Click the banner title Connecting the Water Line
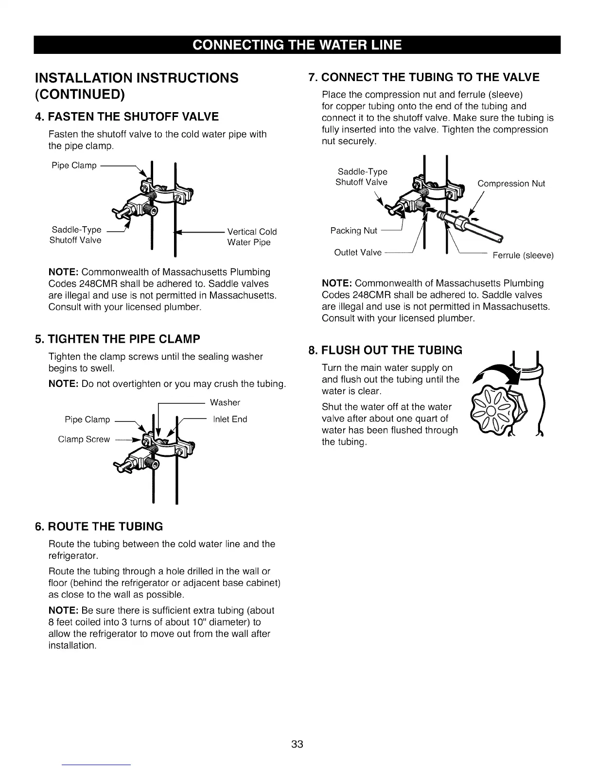[297, 45]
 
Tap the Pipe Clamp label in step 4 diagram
[74, 166]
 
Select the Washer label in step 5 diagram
[225, 402]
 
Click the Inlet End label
[230, 419]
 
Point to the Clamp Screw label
[84, 439]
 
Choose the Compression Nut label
[511, 184]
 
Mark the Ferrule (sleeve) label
[523, 255]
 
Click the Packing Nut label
[353, 230]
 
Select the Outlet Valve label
[358, 252]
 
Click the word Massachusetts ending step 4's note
[244, 295]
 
